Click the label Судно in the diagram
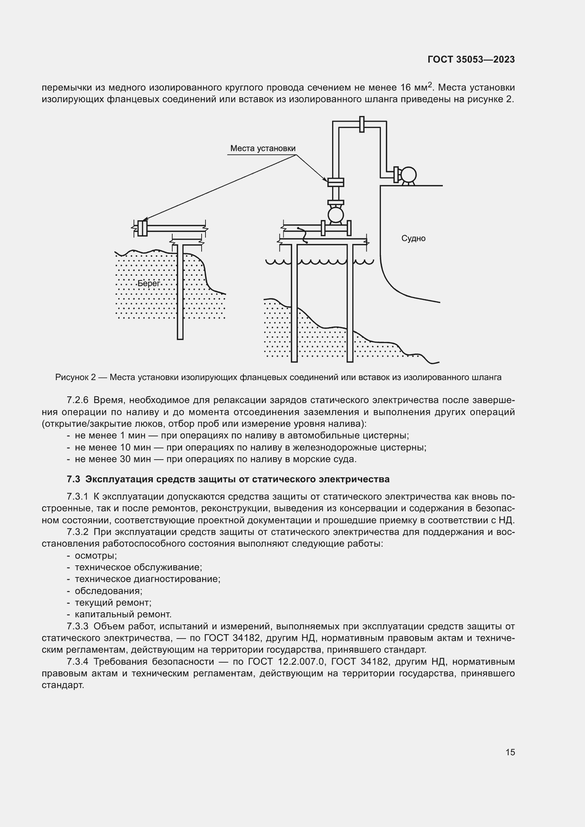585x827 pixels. (x=413, y=238)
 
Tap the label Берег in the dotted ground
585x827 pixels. (x=149, y=284)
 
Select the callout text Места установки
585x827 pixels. (x=262, y=148)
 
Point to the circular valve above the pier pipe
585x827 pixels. (x=335, y=215)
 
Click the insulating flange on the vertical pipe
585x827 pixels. (x=335, y=182)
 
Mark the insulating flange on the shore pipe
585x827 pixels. (x=142, y=228)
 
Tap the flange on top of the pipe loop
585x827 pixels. (x=362, y=124)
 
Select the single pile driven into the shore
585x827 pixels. (x=180, y=292)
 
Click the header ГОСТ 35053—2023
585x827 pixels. (x=471, y=60)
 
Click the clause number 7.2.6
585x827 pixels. (x=77, y=400)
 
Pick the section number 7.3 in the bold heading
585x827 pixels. (x=73, y=479)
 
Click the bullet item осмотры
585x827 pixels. (x=96, y=555)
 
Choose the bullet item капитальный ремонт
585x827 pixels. (x=123, y=614)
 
